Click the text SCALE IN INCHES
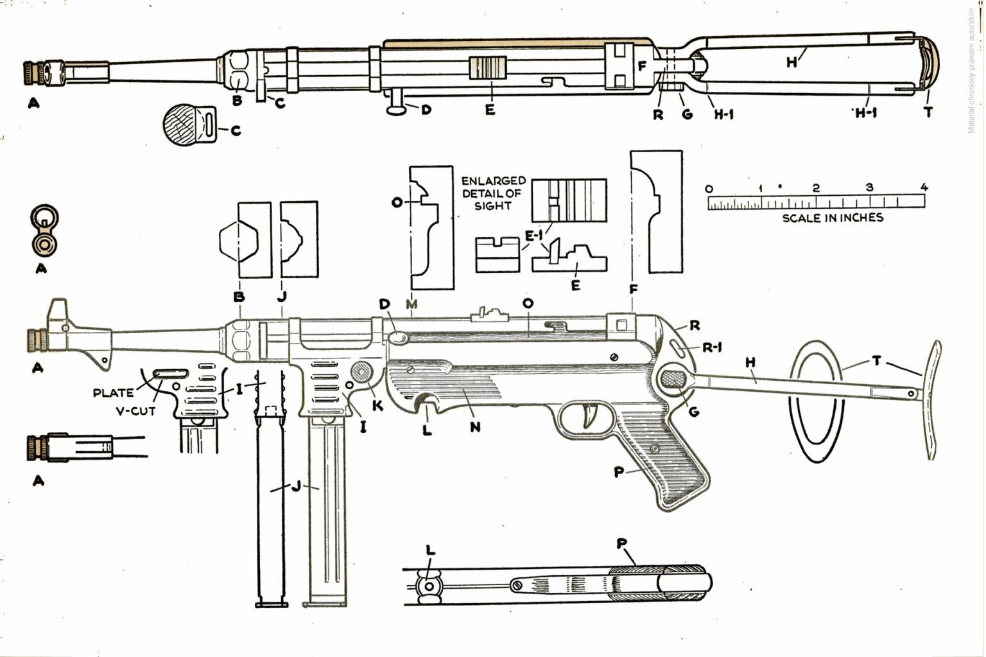832,218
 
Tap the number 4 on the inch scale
924,188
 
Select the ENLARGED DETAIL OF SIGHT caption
493,193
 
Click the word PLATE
114,393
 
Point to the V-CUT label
135,411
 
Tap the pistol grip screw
655,448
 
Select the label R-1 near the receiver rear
713,348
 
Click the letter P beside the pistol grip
619,473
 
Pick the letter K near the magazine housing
377,406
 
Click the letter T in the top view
928,112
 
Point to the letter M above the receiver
411,303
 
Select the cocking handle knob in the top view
398,110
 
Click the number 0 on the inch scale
709,188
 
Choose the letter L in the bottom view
430,550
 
